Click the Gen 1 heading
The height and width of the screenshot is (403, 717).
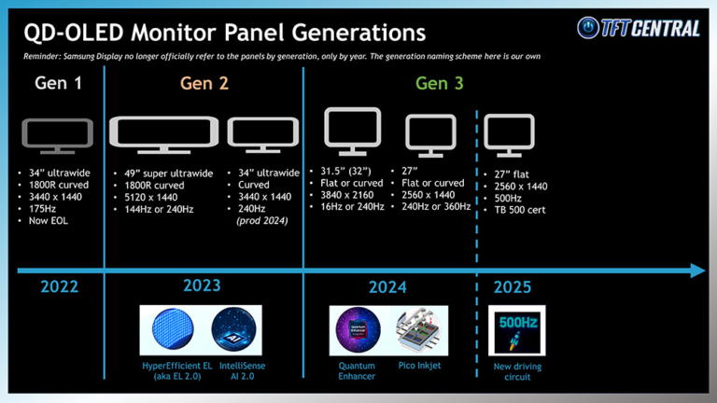tap(57, 83)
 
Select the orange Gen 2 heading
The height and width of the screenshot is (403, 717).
tap(204, 83)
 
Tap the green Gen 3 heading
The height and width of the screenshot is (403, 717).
tap(439, 83)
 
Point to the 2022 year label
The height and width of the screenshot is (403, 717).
tap(59, 287)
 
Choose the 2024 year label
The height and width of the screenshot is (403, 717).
tap(387, 287)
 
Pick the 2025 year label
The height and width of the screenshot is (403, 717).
tap(513, 287)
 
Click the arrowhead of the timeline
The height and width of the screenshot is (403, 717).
tap(697, 271)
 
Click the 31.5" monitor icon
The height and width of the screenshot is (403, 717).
tap(352, 132)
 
